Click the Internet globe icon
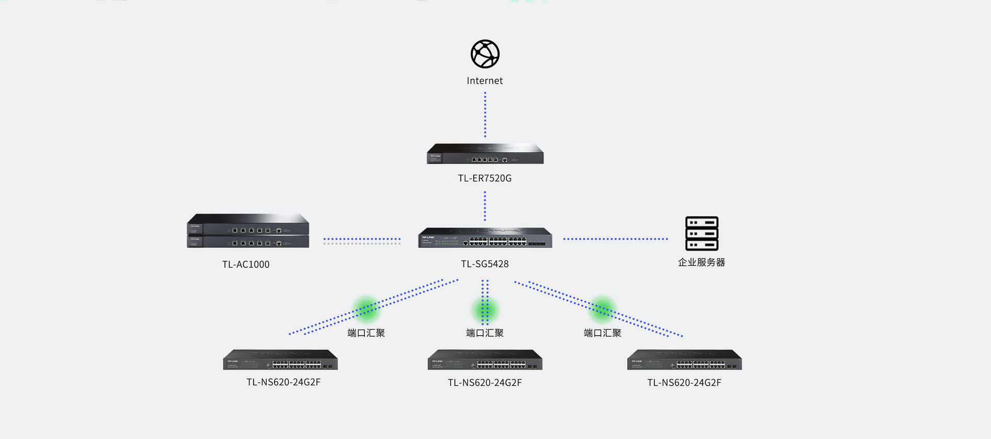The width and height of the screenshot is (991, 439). pyautogui.click(x=485, y=54)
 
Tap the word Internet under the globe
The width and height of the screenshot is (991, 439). pyautogui.click(x=485, y=81)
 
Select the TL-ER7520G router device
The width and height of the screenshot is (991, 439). pyautogui.click(x=485, y=154)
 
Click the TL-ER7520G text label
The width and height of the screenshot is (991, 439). pyautogui.click(x=485, y=178)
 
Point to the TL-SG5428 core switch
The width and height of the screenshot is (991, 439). pyautogui.click(x=485, y=238)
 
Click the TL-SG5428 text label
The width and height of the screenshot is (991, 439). pyautogui.click(x=485, y=264)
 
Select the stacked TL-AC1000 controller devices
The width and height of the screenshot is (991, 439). pyautogui.click(x=248, y=231)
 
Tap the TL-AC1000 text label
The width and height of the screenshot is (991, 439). pyautogui.click(x=246, y=264)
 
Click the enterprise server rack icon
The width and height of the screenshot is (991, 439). pyautogui.click(x=701, y=233)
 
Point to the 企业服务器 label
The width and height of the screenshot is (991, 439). pyautogui.click(x=701, y=262)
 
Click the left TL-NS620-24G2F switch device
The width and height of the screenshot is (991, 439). pyautogui.click(x=280, y=360)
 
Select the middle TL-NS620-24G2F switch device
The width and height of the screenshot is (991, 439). pyautogui.click(x=485, y=360)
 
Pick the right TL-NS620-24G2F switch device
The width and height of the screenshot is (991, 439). pyautogui.click(x=684, y=360)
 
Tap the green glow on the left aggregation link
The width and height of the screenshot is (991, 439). pyautogui.click(x=366, y=309)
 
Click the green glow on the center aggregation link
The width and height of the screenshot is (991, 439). pyautogui.click(x=485, y=310)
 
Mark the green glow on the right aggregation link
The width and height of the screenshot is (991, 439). pyautogui.click(x=602, y=309)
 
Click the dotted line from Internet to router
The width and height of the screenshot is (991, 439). pyautogui.click(x=485, y=115)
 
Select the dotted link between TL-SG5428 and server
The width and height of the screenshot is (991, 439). pyautogui.click(x=615, y=239)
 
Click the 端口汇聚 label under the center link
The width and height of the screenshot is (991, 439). pyautogui.click(x=485, y=333)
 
